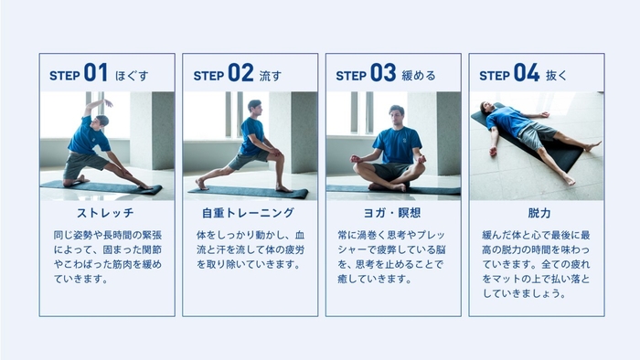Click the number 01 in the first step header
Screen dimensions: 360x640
[96, 73]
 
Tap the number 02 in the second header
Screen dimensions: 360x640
[240, 73]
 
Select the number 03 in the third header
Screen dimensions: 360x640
[383, 73]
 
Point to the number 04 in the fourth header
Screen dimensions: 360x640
[527, 73]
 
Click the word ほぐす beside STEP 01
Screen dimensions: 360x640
[132, 75]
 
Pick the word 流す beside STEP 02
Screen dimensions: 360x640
[271, 75]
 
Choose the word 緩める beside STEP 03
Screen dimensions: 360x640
[418, 75]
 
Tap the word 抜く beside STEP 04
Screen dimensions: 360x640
[558, 75]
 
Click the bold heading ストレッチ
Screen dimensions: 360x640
[106, 214]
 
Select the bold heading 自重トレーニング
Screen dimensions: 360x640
[250, 214]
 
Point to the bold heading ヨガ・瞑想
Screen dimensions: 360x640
[393, 214]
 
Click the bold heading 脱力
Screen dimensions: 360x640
[537, 214]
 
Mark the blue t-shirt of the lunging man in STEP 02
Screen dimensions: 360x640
[250, 136]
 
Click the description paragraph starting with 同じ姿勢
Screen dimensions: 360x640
[106, 257]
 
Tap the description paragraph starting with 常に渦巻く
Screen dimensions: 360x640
[393, 257]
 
